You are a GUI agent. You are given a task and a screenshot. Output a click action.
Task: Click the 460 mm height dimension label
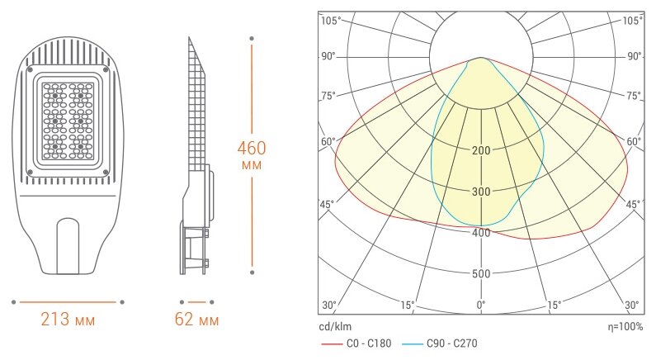(x=252, y=154)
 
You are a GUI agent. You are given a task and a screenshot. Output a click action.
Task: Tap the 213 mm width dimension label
(x=68, y=320)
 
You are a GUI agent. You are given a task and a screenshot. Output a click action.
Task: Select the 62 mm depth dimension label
(x=196, y=320)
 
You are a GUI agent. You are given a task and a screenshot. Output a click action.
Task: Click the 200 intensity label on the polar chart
(x=481, y=151)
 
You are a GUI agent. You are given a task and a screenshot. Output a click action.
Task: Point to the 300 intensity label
(x=481, y=192)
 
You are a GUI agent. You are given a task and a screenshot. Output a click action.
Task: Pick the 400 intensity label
(x=481, y=233)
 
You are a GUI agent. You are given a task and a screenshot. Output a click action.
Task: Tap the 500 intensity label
(x=481, y=274)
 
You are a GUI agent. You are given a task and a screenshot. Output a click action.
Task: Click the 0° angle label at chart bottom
(x=481, y=305)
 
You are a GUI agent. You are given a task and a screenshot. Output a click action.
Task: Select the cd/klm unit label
(x=335, y=326)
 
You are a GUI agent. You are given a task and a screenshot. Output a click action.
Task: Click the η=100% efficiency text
(x=625, y=326)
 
